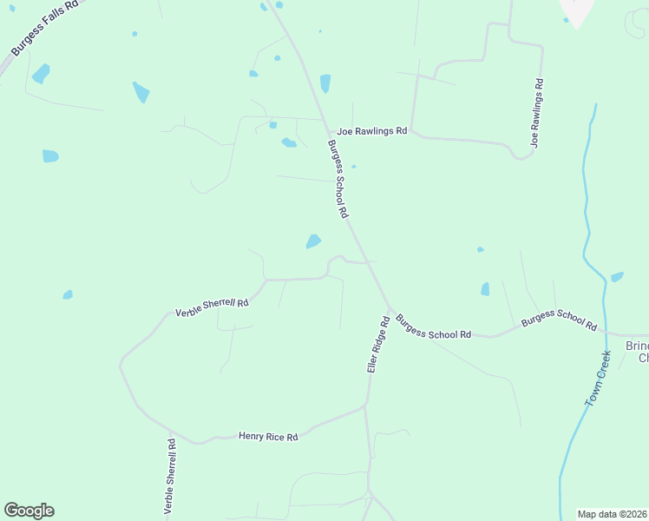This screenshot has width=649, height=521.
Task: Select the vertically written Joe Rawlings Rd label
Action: pyautogui.click(x=538, y=114)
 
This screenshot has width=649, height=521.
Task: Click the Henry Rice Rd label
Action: pyautogui.click(x=268, y=437)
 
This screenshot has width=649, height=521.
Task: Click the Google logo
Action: pyautogui.click(x=29, y=511)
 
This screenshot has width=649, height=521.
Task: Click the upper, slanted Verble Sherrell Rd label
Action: pyautogui.click(x=212, y=307)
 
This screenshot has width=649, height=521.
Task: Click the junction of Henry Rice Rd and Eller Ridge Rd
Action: pyautogui.click(x=366, y=406)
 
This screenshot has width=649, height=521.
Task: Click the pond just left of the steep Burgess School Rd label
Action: pyautogui.click(x=313, y=241)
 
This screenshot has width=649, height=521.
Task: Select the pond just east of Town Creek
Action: pyautogui.click(x=617, y=277)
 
